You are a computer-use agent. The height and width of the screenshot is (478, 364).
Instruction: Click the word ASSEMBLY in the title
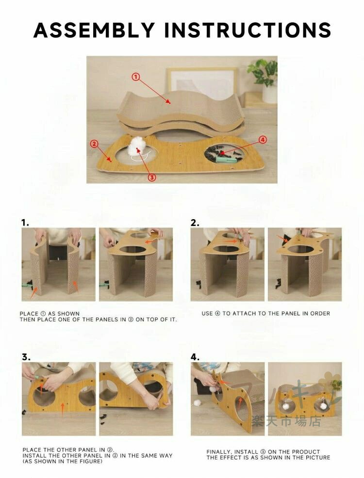click(94, 30)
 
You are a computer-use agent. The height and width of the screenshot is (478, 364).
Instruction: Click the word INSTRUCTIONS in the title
click(248, 30)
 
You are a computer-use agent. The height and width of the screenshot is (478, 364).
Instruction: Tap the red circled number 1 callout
click(136, 77)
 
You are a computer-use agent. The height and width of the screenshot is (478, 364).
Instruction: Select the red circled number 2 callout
click(94, 143)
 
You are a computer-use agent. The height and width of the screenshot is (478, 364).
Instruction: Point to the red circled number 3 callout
click(152, 177)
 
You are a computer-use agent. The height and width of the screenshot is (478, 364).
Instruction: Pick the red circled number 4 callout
click(263, 140)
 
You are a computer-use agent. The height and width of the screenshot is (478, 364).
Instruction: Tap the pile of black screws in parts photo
click(224, 153)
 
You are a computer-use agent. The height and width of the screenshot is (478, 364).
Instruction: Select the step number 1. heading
click(25, 223)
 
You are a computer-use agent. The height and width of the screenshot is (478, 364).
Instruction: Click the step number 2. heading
click(195, 223)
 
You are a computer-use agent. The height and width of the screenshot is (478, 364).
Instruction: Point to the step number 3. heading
click(26, 357)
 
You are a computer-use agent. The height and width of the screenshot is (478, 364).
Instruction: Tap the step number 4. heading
click(195, 357)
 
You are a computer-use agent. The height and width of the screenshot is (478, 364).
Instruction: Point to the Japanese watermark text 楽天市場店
click(286, 422)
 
